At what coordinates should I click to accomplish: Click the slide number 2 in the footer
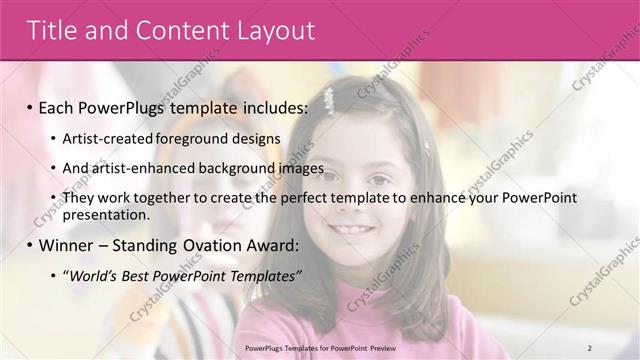click(589, 347)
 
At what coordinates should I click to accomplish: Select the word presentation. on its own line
click(105, 214)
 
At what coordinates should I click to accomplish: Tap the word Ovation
click(214, 244)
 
